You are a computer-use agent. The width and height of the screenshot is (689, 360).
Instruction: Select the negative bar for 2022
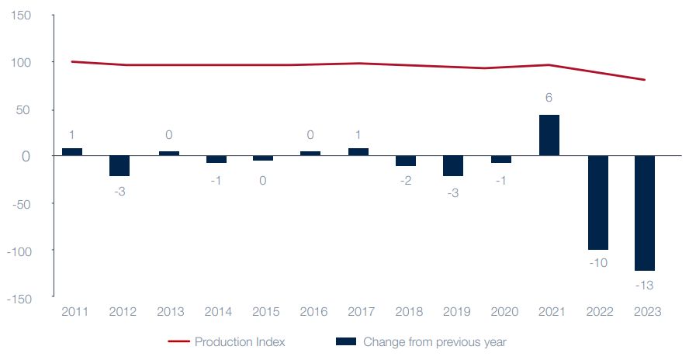pyautogui.click(x=597, y=202)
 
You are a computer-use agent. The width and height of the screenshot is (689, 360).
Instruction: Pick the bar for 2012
pyautogui.click(x=119, y=166)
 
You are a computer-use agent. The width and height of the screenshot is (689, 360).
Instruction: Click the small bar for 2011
pyautogui.click(x=72, y=152)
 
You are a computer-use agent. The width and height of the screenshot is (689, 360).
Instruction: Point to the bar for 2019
pyautogui.click(x=453, y=166)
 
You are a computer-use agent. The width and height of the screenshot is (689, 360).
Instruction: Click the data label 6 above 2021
pyautogui.click(x=549, y=98)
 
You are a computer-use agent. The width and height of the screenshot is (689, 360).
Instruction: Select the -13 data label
pyautogui.click(x=645, y=286)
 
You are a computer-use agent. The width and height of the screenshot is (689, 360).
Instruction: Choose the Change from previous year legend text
pyautogui.click(x=435, y=341)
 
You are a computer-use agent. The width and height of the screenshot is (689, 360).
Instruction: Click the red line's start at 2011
pyautogui.click(x=72, y=61)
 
